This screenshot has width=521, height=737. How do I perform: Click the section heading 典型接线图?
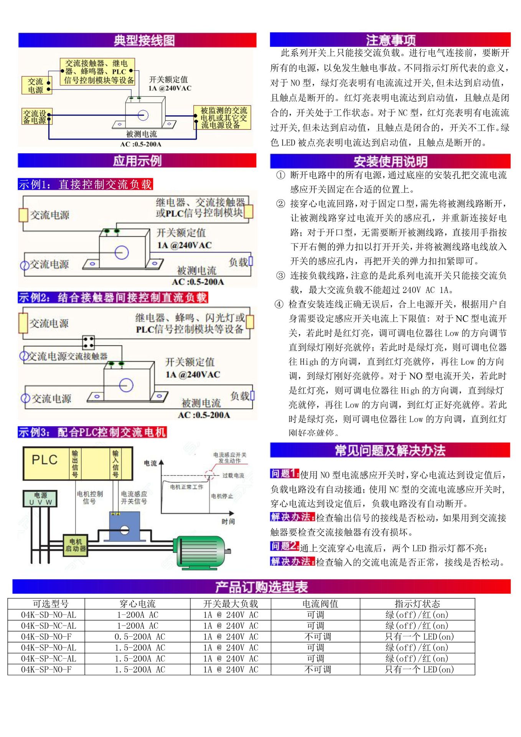[x=144, y=40]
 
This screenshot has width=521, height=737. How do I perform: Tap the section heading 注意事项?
[x=390, y=40]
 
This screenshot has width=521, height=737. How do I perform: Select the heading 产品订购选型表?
[x=261, y=586]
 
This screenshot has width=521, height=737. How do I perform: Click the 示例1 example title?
[x=85, y=184]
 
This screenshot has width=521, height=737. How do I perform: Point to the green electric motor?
[x=201, y=551]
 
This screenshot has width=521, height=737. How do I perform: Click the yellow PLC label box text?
[x=45, y=460]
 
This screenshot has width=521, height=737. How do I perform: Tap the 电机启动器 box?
[x=76, y=545]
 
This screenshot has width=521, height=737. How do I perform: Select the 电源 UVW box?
[x=40, y=499]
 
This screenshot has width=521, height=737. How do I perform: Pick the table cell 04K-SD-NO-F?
[x=46, y=636]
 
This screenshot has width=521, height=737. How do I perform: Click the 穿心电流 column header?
[x=137, y=604]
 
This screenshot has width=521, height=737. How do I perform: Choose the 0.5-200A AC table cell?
[x=140, y=636]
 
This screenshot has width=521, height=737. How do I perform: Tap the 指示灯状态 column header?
[x=417, y=604]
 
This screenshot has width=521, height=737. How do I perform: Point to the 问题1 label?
[x=284, y=474]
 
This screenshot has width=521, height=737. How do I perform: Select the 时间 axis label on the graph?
[x=228, y=521]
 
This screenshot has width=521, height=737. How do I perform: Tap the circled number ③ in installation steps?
[x=280, y=275]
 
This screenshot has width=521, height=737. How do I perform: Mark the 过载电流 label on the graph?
[x=233, y=475]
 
